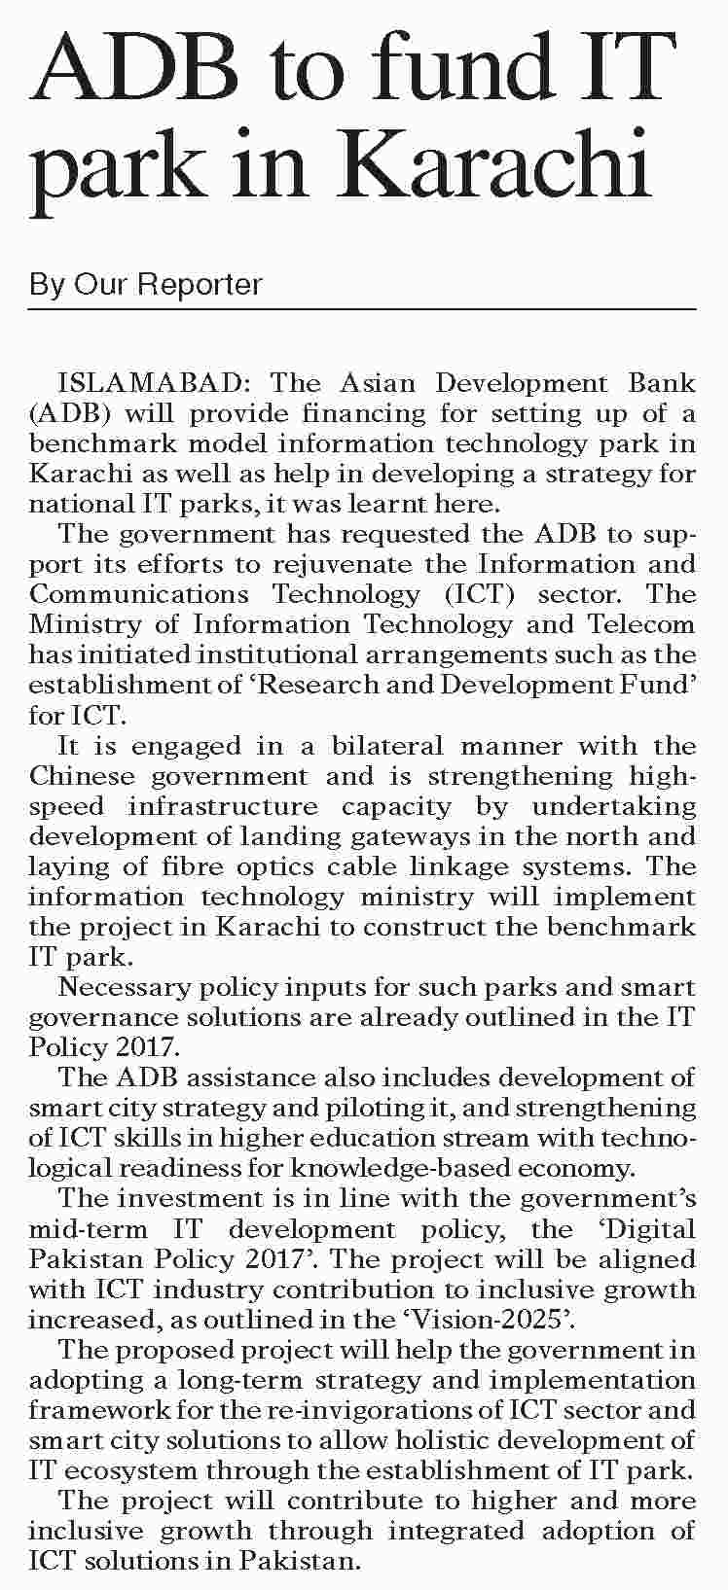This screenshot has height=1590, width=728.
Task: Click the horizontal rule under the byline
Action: coord(363,310)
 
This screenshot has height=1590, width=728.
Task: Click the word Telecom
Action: coord(640,624)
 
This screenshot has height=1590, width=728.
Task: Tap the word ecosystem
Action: coord(130,1470)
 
